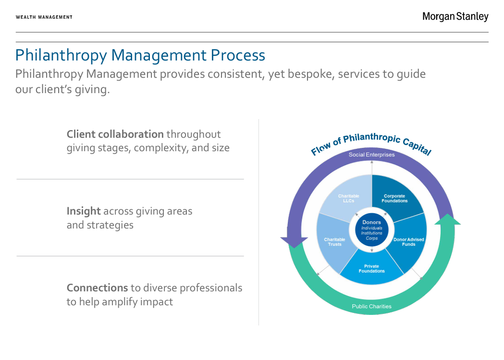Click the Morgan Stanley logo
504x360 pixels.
(455, 17)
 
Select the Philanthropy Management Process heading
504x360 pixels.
(140, 55)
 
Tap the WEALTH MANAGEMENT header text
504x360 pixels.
(44, 17)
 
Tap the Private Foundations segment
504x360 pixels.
(371, 269)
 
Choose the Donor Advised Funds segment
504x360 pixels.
(408, 242)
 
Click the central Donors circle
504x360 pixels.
(371, 230)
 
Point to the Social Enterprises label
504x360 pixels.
(371, 155)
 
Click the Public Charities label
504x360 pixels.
(371, 306)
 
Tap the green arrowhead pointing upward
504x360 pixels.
(447, 220)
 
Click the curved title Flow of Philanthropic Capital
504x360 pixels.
(371, 142)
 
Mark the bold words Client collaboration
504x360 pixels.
(115, 134)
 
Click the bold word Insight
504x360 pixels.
(84, 211)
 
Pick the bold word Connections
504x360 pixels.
(97, 288)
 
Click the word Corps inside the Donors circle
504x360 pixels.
(371, 238)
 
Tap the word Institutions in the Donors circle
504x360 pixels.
(371, 233)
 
